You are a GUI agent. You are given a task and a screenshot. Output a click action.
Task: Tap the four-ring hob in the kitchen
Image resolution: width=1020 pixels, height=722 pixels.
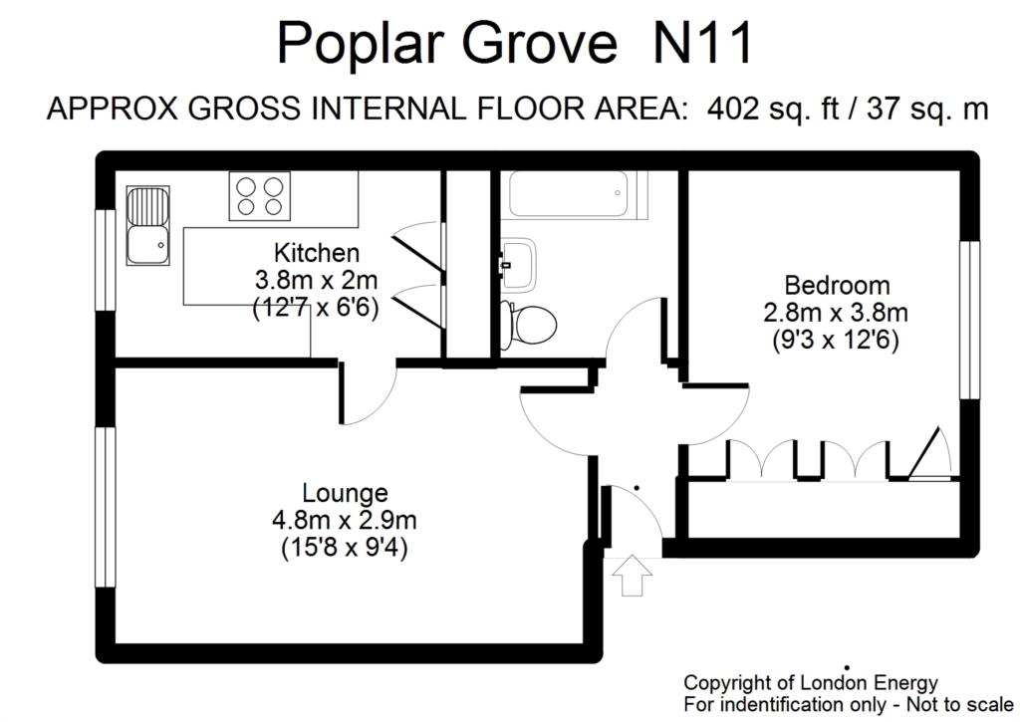258,195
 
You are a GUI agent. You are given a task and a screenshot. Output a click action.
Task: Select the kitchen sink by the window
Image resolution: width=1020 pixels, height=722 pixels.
147,226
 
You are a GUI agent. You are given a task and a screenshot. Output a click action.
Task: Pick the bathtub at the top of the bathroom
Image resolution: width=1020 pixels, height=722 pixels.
566,194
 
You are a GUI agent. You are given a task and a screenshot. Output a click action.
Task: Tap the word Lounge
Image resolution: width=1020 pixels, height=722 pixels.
345,493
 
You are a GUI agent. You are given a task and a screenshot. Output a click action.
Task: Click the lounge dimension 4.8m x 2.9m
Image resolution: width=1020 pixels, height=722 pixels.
345,519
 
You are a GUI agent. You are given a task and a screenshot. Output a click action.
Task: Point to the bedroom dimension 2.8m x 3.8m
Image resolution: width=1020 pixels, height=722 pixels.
837,313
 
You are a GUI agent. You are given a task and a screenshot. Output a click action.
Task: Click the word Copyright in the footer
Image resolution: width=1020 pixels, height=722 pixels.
728,683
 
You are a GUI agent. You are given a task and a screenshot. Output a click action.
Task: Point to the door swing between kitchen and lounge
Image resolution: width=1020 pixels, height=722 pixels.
371,393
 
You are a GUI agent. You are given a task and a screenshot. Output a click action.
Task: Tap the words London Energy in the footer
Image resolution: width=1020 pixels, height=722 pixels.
878,683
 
